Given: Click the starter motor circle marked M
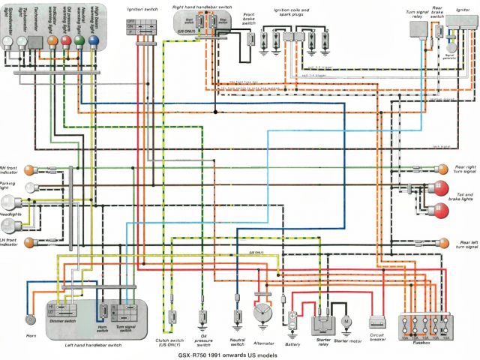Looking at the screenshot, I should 346,321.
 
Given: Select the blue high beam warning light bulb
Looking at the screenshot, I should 93,40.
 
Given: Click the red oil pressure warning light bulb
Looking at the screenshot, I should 67,40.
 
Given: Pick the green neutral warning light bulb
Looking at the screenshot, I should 79,40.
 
